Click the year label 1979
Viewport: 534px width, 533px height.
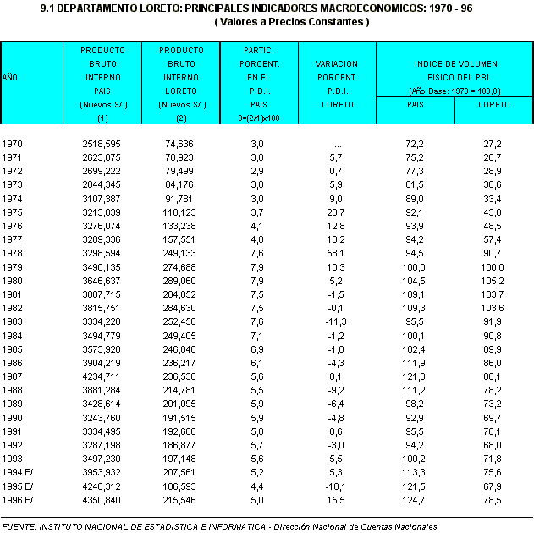[14, 267]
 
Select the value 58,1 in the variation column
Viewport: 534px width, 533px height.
[335, 253]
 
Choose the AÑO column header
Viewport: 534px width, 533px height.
[10, 77]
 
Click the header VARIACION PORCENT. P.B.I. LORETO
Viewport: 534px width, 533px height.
[336, 83]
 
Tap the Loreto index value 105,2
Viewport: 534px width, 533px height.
[493, 281]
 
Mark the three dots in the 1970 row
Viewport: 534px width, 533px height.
[337, 145]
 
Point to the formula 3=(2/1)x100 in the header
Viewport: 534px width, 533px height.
[258, 118]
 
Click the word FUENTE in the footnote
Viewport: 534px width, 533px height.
[19, 526]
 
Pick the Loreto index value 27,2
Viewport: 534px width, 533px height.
[493, 145]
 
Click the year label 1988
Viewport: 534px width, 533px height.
[14, 391]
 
